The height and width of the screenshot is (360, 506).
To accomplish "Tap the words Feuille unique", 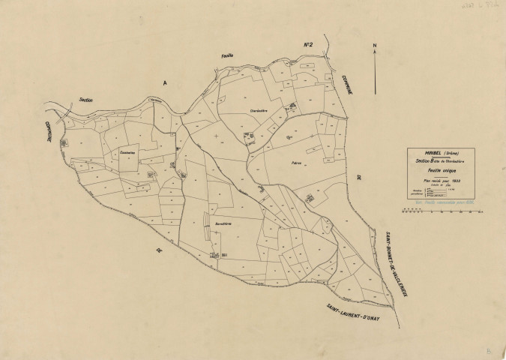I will coord(441,171).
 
